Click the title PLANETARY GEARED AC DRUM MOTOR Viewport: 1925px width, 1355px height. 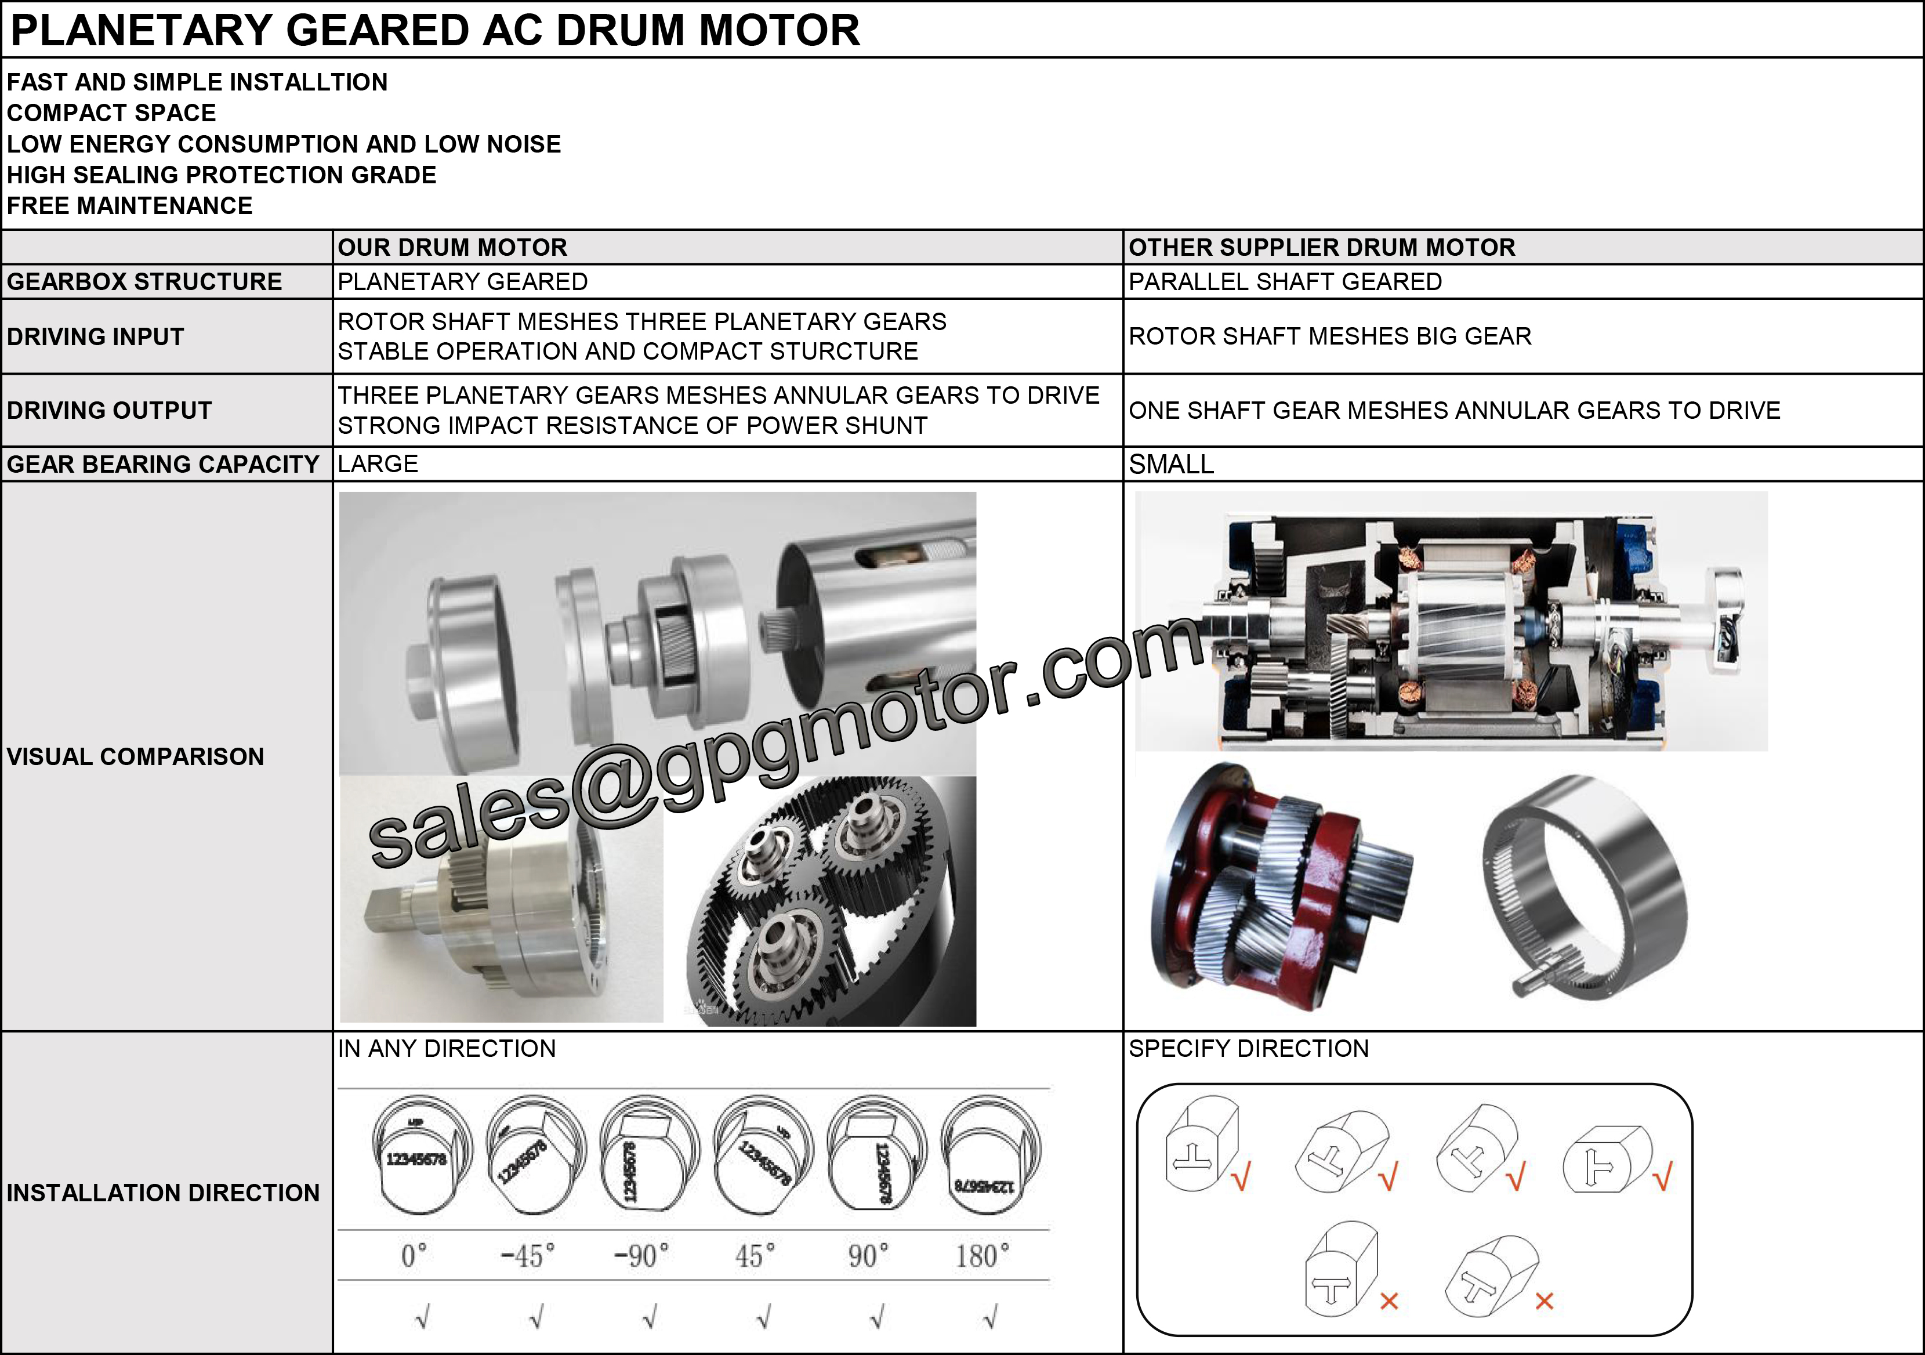[x=434, y=30]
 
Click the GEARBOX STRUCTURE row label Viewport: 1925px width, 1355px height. [x=144, y=282]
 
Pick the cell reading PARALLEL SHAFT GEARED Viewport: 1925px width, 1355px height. [x=1285, y=282]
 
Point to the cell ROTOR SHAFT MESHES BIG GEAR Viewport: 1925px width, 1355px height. [x=1330, y=336]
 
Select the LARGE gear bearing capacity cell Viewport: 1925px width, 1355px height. [x=378, y=463]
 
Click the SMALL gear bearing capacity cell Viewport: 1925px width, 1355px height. [x=1170, y=463]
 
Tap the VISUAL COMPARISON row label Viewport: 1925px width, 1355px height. [x=135, y=756]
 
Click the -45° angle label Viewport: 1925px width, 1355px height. [x=527, y=1255]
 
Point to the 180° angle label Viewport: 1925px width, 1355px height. [x=982, y=1255]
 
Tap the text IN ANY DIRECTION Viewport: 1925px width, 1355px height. [x=446, y=1048]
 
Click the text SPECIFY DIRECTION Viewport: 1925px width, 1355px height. [x=1248, y=1048]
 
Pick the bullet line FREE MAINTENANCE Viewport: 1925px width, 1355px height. [x=129, y=205]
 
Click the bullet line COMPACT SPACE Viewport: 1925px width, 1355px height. [x=111, y=113]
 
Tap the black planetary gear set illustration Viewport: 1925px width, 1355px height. [x=826, y=901]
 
